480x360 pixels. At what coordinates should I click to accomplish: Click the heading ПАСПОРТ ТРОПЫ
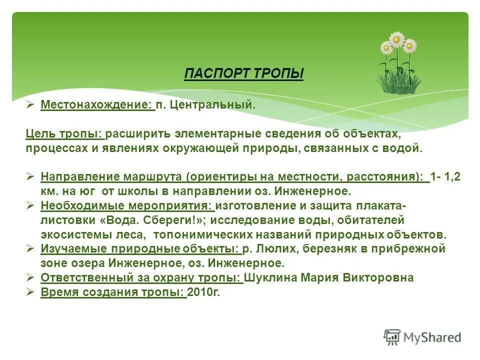click(x=244, y=74)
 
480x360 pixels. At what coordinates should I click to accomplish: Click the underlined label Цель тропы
click(x=64, y=134)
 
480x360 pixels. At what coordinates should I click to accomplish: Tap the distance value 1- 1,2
click(x=446, y=176)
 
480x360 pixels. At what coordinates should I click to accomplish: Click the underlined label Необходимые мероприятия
click(x=127, y=205)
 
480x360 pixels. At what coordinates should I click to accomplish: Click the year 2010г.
click(x=203, y=292)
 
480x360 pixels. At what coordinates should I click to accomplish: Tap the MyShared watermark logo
click(x=422, y=337)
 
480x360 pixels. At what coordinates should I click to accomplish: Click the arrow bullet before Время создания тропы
click(x=30, y=292)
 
